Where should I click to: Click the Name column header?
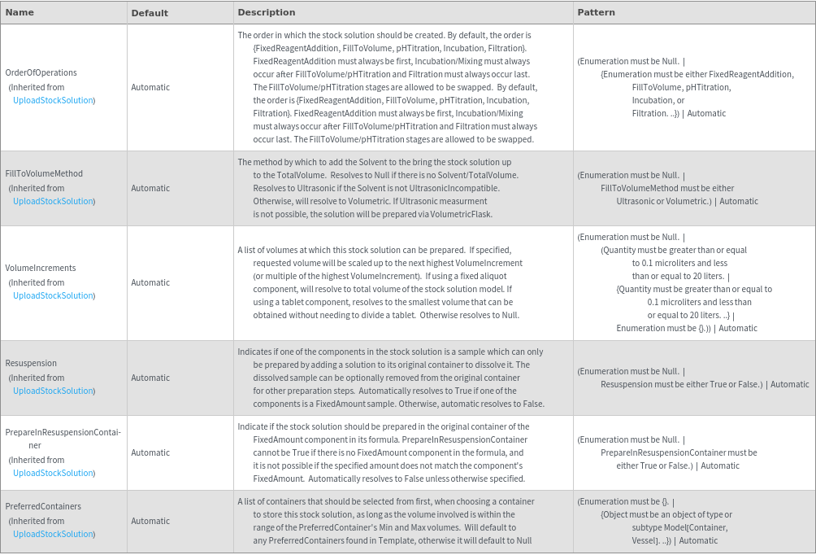point(20,13)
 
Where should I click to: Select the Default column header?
point(150,13)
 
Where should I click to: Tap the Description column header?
point(266,13)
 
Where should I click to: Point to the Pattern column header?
point(596,13)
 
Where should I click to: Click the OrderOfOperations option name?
point(41,73)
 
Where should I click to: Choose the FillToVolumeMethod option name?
point(44,174)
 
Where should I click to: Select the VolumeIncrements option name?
point(41,269)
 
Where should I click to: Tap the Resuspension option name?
point(31,364)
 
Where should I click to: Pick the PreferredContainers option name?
point(43,507)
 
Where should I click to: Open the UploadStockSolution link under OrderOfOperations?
point(53,101)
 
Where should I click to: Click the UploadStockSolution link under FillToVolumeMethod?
point(53,202)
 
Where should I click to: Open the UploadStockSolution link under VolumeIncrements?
point(53,296)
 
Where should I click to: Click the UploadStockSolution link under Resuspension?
point(53,391)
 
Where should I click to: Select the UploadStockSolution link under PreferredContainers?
point(53,535)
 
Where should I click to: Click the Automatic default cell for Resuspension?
point(150,378)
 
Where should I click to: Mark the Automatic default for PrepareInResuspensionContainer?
point(150,453)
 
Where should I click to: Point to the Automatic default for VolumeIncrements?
point(150,283)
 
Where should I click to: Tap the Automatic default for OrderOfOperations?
point(150,87)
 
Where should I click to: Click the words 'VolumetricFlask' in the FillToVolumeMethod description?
point(465,215)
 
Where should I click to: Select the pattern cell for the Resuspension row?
point(693,378)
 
